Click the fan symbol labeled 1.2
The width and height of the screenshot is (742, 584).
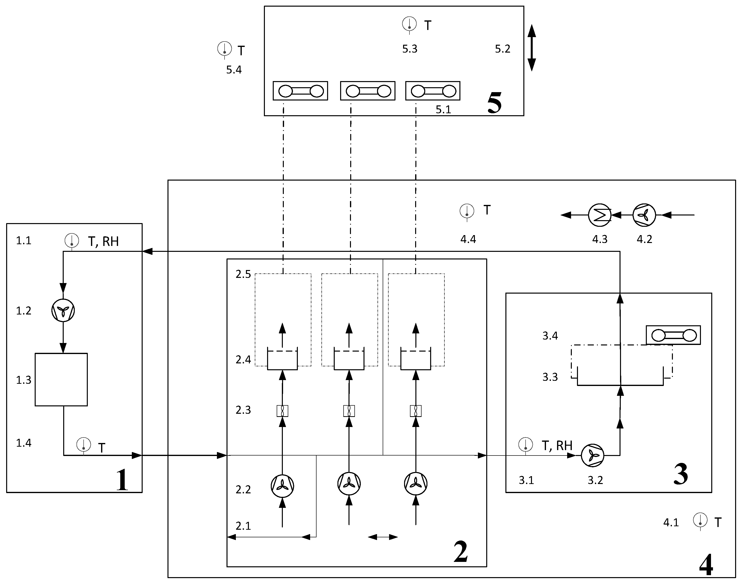coord(63,310)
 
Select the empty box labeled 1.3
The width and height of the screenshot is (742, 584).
coord(61,380)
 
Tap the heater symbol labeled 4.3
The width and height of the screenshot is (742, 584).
coord(600,215)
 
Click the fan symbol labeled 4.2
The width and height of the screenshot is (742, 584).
coord(644,215)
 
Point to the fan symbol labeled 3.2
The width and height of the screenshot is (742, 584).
coord(592,456)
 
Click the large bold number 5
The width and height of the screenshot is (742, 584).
coord(494,103)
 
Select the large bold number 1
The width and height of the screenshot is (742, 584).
coord(122,480)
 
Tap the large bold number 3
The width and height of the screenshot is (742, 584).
coord(681,475)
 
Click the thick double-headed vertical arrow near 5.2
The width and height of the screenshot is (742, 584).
coord(531,48)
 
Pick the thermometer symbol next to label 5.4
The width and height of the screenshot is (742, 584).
coord(225,49)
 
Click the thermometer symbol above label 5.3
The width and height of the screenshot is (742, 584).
coord(409,24)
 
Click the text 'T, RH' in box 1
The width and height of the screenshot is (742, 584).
coord(103,242)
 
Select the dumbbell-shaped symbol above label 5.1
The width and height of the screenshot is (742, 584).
coord(433,91)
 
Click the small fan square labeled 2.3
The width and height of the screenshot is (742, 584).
coord(282,411)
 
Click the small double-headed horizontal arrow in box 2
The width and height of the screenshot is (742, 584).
coord(383,537)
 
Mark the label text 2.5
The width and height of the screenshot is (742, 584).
coord(243,274)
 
